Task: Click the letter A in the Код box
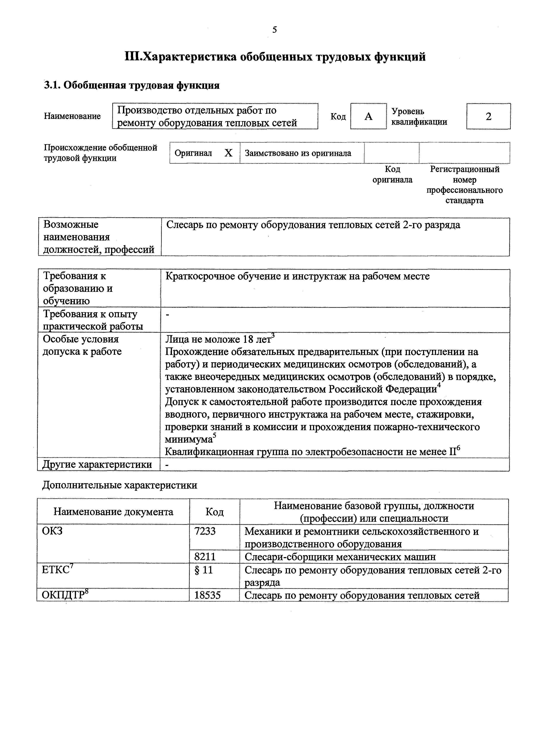[368, 116]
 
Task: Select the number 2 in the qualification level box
[489, 116]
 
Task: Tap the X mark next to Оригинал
[228, 153]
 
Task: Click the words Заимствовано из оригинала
[298, 153]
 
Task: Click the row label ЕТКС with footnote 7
[57, 570]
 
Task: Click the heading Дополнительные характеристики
[120, 485]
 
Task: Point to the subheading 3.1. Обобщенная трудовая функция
[132, 85]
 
